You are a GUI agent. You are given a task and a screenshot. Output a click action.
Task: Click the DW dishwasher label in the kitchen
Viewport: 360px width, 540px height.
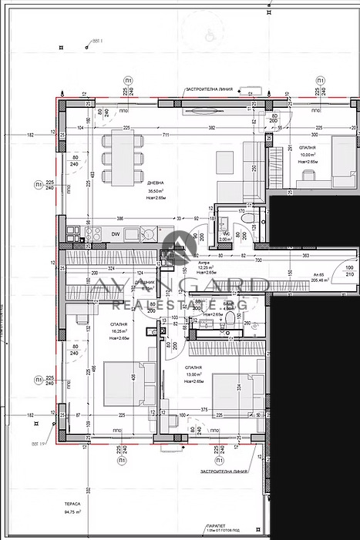[x=115, y=233]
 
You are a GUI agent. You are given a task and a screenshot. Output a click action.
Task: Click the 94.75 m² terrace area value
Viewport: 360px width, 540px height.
[x=75, y=510]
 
